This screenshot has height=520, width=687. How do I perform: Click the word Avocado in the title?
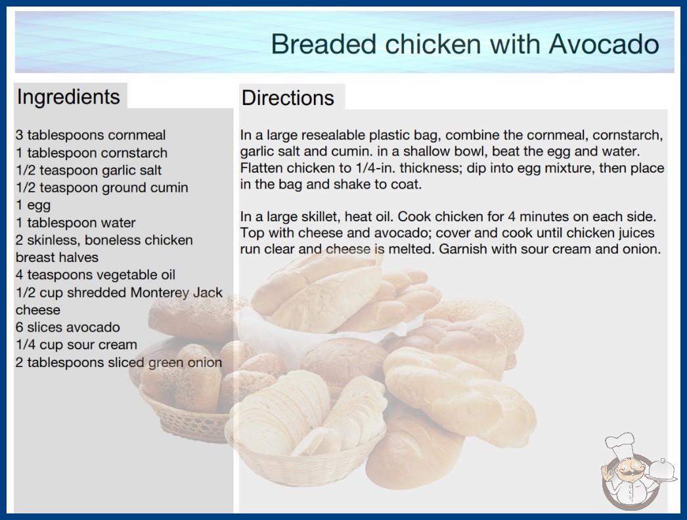(x=604, y=44)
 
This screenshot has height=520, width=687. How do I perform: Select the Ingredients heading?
(x=68, y=97)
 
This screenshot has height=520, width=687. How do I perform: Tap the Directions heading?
(x=288, y=98)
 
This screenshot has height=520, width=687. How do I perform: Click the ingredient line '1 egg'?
(x=33, y=205)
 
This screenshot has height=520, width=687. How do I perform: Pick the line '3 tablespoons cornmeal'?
(x=91, y=135)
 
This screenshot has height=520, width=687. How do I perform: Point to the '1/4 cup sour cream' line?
(x=77, y=345)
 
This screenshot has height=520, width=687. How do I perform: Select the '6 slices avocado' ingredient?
(x=68, y=327)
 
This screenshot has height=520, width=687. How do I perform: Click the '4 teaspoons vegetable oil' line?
(x=95, y=274)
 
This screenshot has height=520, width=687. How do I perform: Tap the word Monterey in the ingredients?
(x=159, y=293)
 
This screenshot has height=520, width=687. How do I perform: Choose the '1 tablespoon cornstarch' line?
(x=91, y=153)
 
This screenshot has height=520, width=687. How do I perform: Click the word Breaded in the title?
(x=324, y=44)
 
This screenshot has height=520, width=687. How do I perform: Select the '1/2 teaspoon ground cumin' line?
(x=102, y=188)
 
